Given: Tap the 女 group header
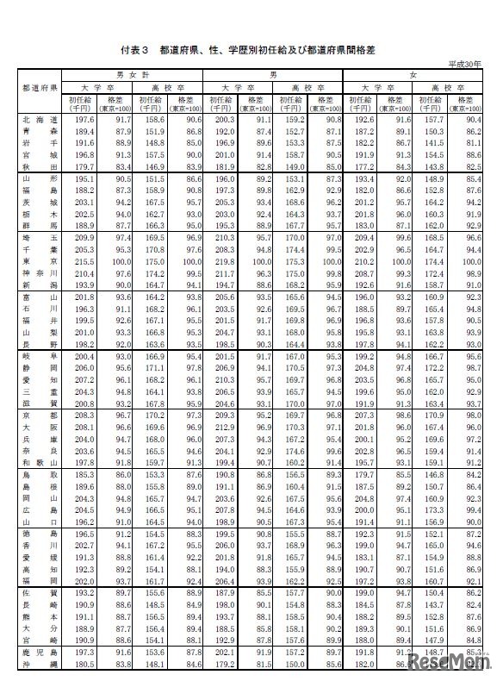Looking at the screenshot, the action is tap(414, 75).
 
